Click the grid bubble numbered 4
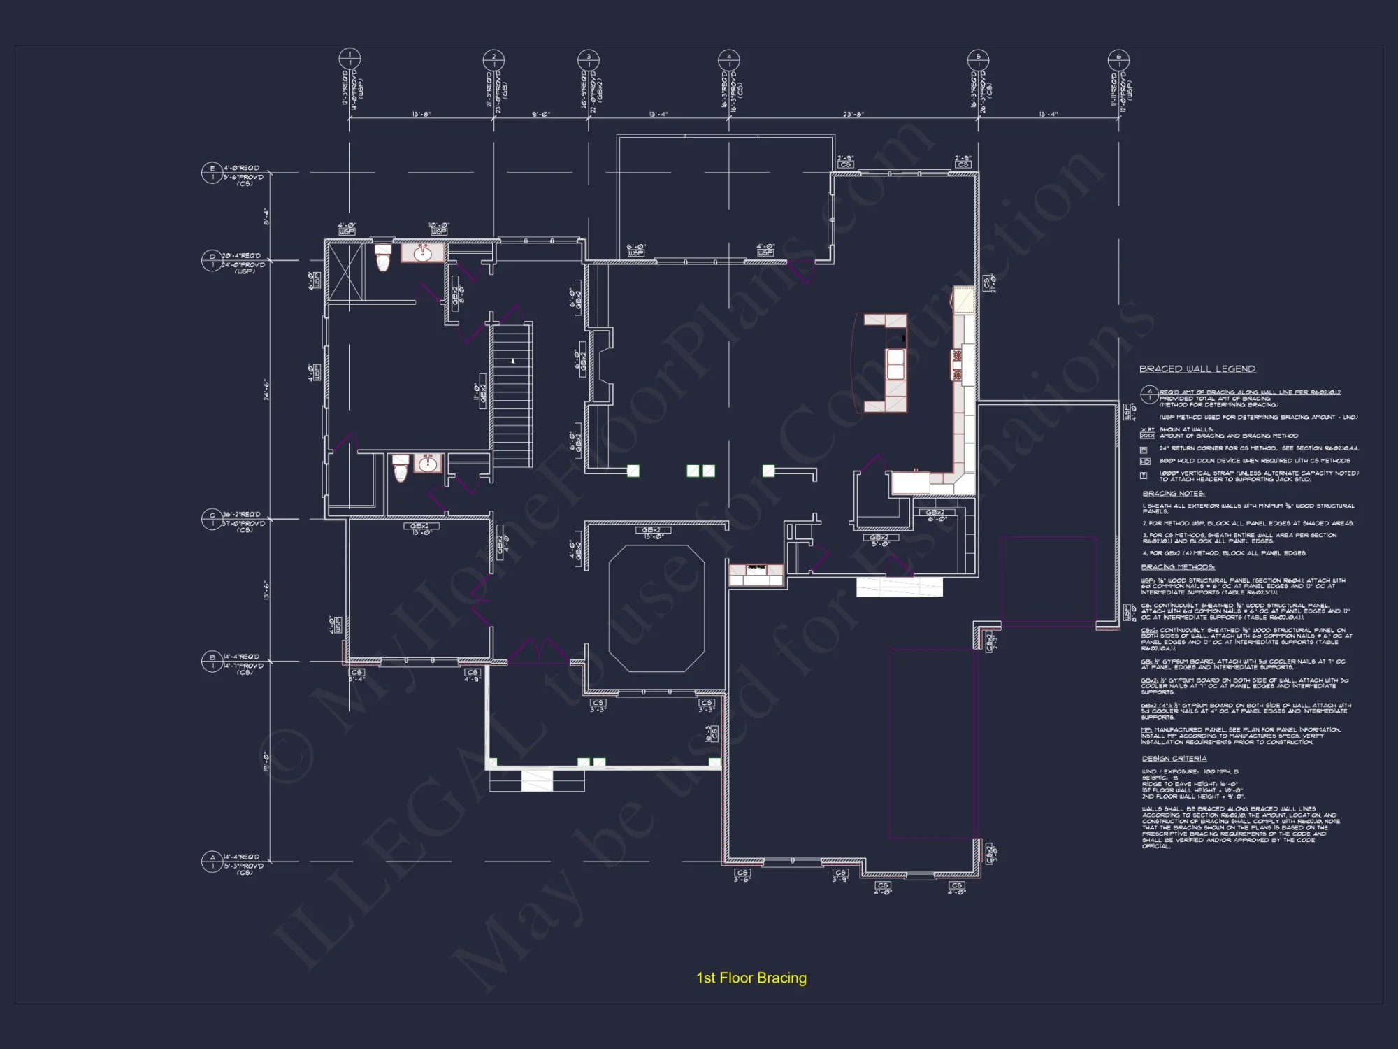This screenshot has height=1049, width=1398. pyautogui.click(x=728, y=60)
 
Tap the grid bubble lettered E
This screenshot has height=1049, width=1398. pyautogui.click(x=212, y=173)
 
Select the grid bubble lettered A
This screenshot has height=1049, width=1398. pyautogui.click(x=212, y=862)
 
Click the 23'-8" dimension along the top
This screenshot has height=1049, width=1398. pyautogui.click(x=853, y=114)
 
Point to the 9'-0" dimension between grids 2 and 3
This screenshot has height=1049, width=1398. pyautogui.click(x=541, y=114)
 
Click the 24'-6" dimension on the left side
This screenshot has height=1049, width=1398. pyautogui.click(x=266, y=390)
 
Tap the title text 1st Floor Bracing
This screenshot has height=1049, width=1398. pyautogui.click(x=751, y=978)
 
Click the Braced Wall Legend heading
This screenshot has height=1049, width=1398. pyautogui.click(x=1197, y=369)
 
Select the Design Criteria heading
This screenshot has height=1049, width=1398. pyautogui.click(x=1174, y=758)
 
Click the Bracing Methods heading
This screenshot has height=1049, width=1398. pyautogui.click(x=1178, y=566)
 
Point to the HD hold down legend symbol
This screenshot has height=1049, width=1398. pyautogui.click(x=1145, y=462)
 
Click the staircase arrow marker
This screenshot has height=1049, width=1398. pyautogui.click(x=513, y=361)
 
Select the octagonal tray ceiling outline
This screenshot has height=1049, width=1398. pyautogui.click(x=656, y=608)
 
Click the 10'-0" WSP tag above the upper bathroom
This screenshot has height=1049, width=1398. pyautogui.click(x=439, y=229)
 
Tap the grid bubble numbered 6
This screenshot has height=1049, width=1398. pyautogui.click(x=1118, y=60)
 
